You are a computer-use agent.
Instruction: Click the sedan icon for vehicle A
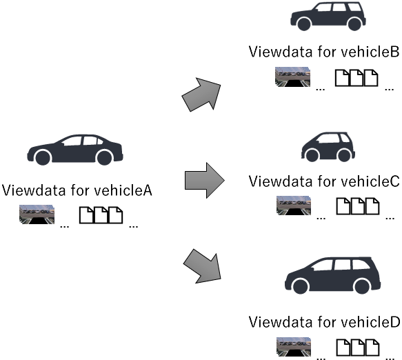point(75,150)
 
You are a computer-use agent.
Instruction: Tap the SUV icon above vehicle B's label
point(328,16)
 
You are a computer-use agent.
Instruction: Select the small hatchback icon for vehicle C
point(328,147)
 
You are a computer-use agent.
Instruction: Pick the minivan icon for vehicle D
point(332,275)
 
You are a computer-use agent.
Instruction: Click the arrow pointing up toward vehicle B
point(202,94)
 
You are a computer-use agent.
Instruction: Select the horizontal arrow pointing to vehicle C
point(205,180)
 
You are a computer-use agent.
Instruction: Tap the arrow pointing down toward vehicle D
point(203,267)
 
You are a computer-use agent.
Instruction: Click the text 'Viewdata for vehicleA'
point(77,190)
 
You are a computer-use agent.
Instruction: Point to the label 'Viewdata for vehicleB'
point(324,52)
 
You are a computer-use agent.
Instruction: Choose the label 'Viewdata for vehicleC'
point(324,181)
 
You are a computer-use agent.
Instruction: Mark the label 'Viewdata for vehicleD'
point(324,322)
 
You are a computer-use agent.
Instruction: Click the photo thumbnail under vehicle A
point(37,214)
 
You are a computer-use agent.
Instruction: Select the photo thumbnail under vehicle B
point(292,77)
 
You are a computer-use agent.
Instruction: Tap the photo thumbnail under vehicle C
point(294,206)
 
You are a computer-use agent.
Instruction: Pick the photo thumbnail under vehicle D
point(294,347)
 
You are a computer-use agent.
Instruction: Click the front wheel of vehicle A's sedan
point(43,157)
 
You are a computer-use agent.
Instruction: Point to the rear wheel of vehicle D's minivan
point(361,286)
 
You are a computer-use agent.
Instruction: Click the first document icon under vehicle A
point(86,215)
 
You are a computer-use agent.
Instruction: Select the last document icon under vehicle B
point(371,78)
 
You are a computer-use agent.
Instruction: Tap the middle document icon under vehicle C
point(358,206)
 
